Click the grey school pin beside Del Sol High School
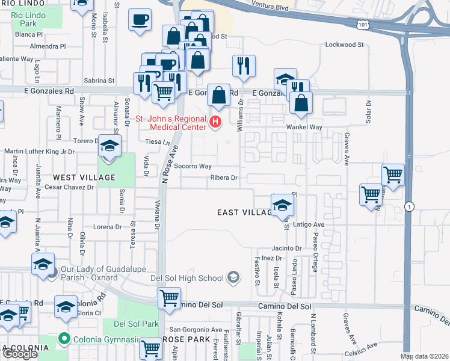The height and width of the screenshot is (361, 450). click(x=233, y=277)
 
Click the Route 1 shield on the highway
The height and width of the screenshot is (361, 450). click(x=410, y=206)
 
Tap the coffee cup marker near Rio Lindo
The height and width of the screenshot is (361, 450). click(x=140, y=20)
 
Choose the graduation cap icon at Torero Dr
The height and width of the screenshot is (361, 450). click(x=109, y=146)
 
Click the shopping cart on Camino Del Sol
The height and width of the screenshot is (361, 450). click(x=170, y=297)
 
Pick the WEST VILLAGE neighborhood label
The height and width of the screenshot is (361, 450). click(x=84, y=177)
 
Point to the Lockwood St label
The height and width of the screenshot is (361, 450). click(x=345, y=45)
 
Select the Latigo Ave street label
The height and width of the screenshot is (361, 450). click(x=309, y=224)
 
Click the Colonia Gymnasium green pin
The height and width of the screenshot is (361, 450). click(x=64, y=339)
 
